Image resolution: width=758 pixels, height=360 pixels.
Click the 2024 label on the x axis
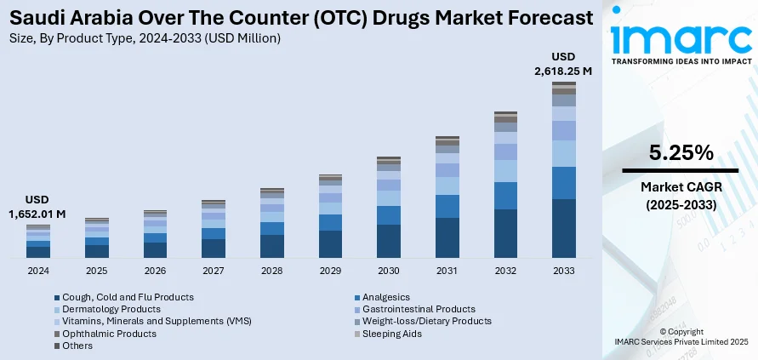[38, 271]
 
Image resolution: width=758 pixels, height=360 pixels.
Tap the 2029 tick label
[330, 271]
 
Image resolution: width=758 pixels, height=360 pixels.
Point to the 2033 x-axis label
[564, 271]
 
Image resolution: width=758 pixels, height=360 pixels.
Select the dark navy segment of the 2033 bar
[564, 228]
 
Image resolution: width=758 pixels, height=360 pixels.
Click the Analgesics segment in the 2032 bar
[505, 196]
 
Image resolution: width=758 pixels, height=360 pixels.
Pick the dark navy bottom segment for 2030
[389, 241]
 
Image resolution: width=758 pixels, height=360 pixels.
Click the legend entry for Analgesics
[386, 297]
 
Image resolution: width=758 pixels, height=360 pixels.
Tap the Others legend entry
[77, 346]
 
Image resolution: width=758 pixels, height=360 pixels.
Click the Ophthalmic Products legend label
[109, 334]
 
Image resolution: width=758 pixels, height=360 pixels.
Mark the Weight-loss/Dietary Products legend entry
[426, 321]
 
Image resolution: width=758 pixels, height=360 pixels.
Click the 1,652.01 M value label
[38, 214]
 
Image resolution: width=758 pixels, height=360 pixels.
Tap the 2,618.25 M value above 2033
[563, 71]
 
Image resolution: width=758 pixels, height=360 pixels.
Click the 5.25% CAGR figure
[681, 153]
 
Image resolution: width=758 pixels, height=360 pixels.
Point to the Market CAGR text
[681, 187]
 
